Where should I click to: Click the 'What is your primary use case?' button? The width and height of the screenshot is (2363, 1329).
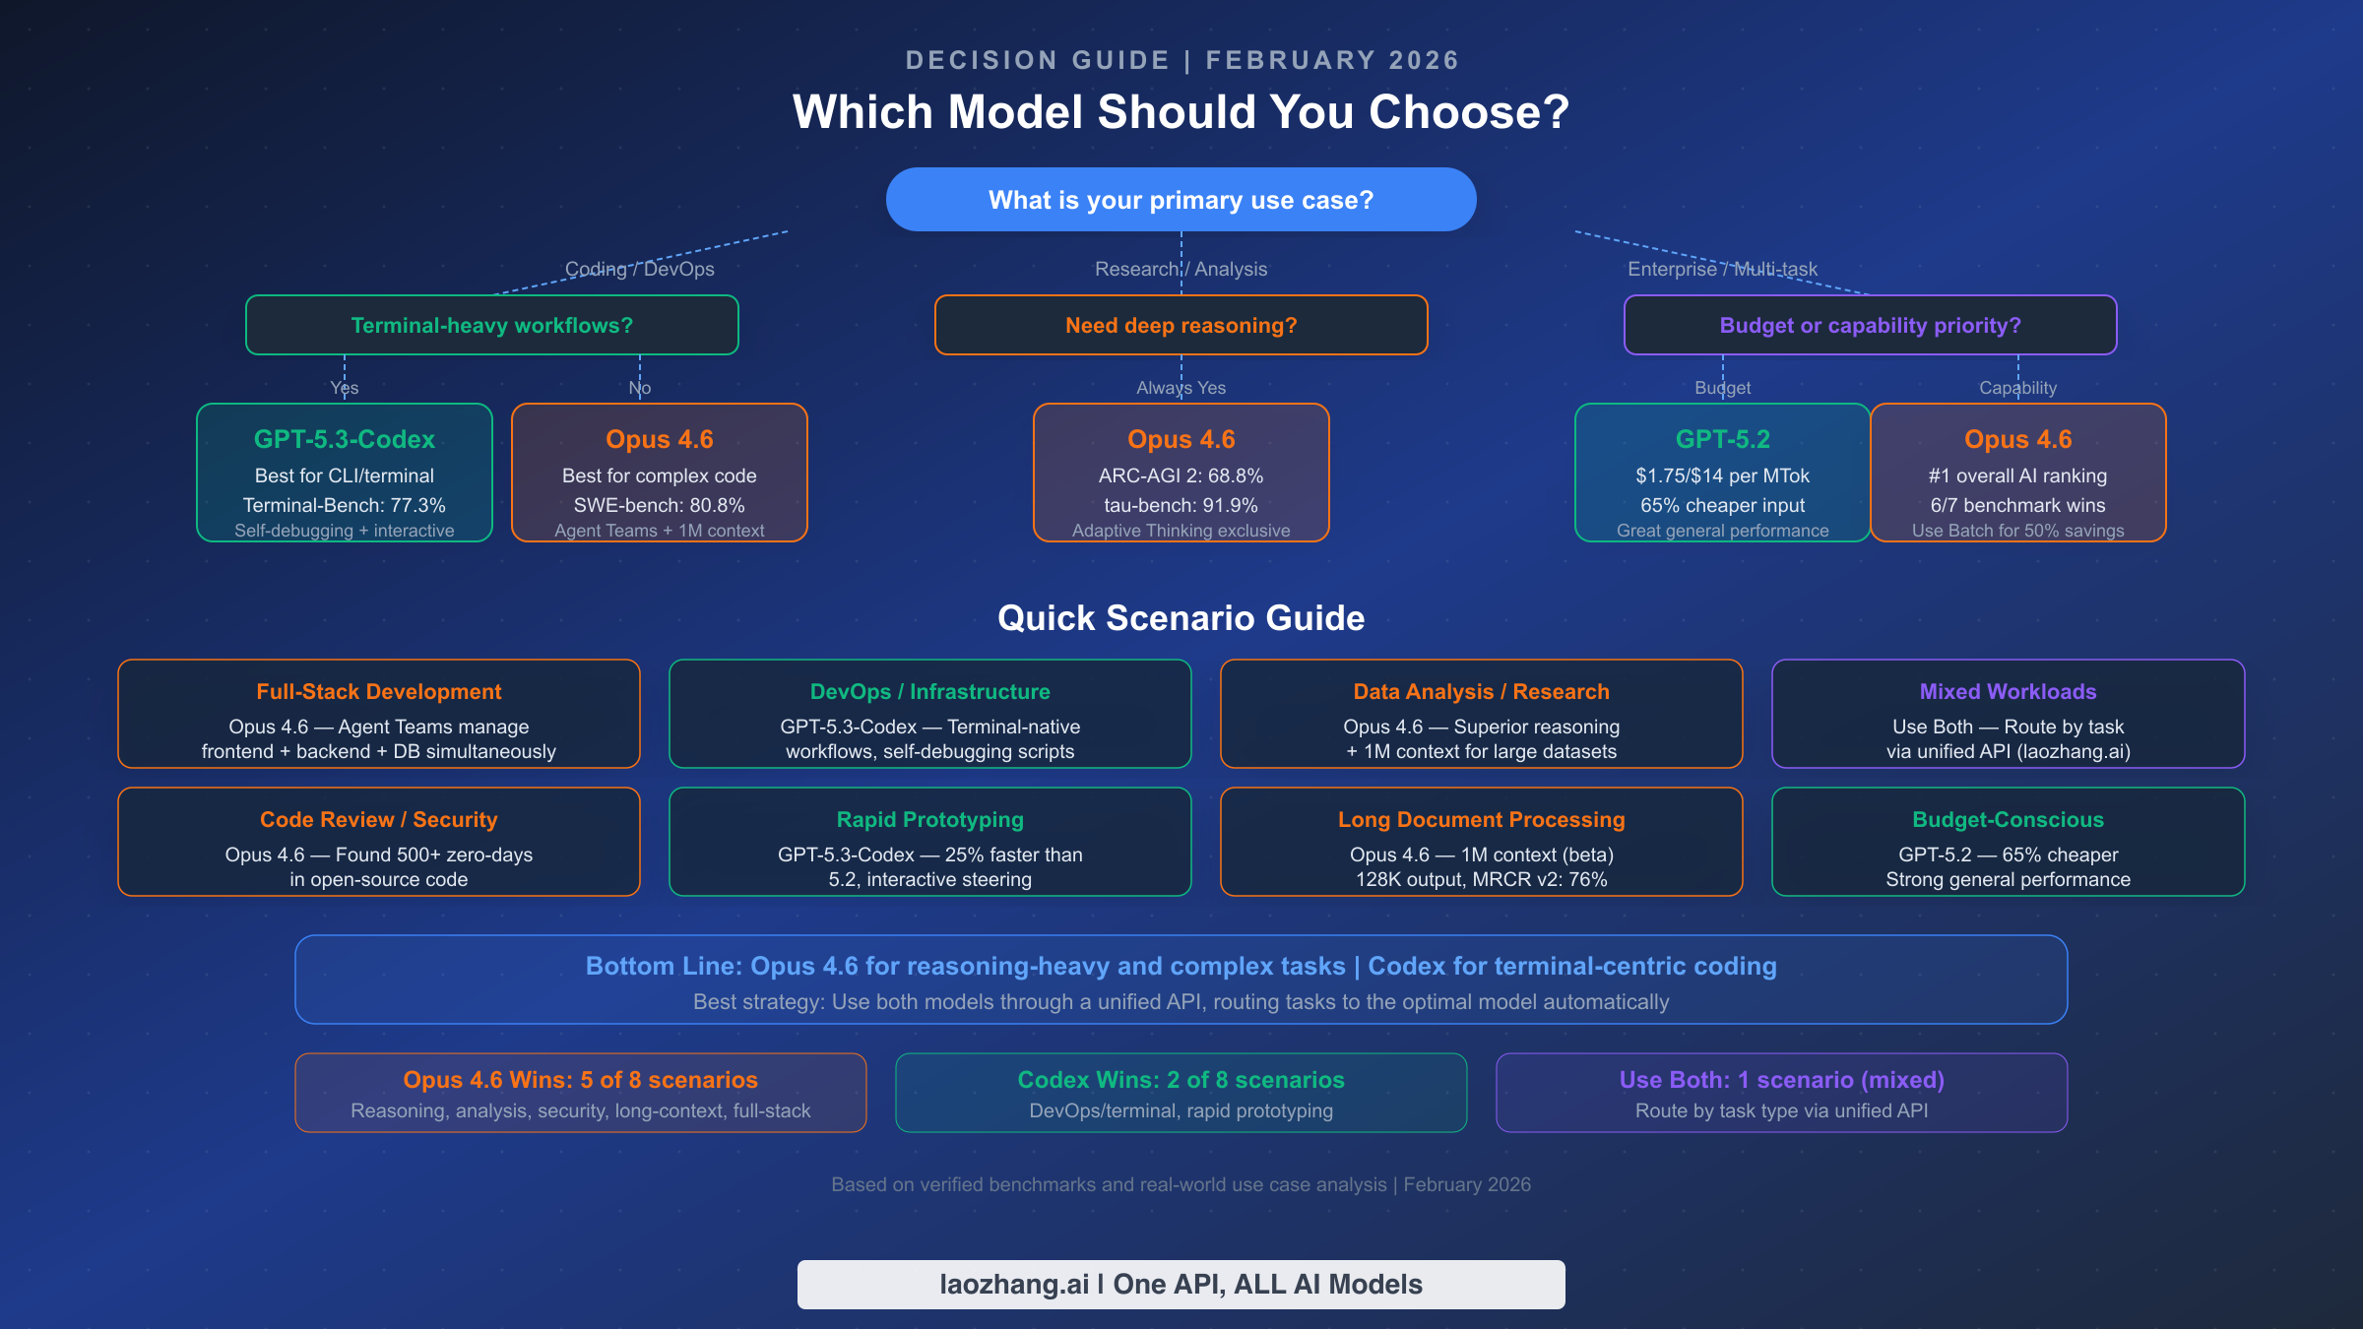point(1181,200)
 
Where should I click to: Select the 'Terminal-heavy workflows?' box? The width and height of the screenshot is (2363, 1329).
point(491,326)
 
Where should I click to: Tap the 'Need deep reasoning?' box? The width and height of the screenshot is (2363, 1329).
point(1181,326)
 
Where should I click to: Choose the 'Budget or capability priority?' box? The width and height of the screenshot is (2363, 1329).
point(1870,326)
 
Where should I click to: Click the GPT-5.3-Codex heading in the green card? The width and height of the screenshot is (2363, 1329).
point(344,439)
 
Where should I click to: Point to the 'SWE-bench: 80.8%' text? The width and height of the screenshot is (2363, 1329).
point(659,505)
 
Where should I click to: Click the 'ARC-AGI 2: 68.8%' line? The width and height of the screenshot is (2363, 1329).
point(1181,475)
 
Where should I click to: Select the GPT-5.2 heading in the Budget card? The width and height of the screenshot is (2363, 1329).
point(1722,439)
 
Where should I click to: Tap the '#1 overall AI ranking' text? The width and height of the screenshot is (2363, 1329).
point(2017,475)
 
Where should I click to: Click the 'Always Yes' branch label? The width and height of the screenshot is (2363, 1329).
point(1181,388)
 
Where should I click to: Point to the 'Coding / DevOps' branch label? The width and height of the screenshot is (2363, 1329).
point(639,269)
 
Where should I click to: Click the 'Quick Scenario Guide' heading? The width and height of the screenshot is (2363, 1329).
point(1181,618)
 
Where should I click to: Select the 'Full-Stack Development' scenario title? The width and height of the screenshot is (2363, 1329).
point(379,692)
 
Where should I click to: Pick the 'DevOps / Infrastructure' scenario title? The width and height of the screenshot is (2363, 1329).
point(929,692)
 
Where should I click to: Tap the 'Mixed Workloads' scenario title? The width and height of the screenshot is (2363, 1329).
point(2008,692)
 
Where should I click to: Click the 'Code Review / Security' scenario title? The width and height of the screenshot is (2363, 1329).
point(379,820)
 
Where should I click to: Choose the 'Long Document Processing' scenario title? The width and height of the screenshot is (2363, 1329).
point(1481,820)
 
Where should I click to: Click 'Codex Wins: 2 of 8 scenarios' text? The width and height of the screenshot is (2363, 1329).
point(1181,1080)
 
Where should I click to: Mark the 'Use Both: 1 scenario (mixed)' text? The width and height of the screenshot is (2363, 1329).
point(1781,1080)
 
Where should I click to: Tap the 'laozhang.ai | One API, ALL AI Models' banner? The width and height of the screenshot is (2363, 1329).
point(1181,1285)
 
